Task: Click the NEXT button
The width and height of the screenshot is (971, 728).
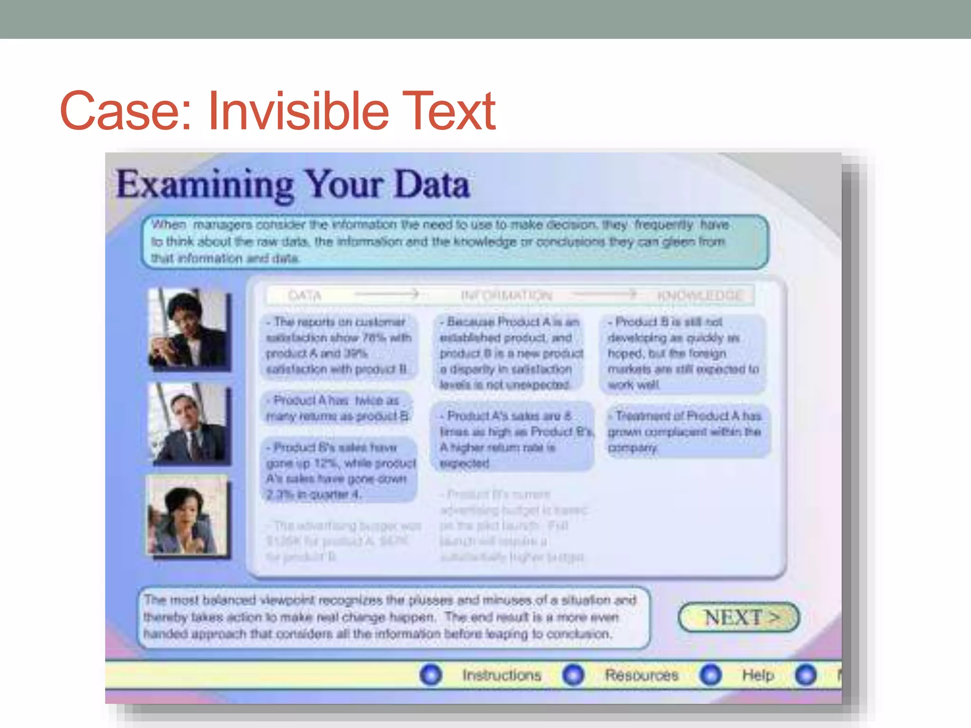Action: point(739,617)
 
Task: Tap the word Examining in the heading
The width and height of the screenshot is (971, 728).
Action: point(205,185)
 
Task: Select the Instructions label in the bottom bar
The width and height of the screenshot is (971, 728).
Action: point(502,674)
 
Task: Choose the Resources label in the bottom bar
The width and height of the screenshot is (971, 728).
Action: point(641,674)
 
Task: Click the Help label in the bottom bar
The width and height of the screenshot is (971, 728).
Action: point(758,674)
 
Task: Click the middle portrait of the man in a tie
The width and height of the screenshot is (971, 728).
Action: point(188,423)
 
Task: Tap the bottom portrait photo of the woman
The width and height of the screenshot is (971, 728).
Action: point(187,515)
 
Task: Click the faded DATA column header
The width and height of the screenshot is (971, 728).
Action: point(304,296)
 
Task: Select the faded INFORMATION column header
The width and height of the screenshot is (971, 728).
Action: point(506,296)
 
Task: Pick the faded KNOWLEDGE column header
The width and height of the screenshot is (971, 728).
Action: point(700,296)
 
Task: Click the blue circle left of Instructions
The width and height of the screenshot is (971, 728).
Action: point(431,674)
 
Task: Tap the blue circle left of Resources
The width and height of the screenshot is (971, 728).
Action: point(573,674)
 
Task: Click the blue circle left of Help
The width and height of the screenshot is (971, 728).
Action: point(710,674)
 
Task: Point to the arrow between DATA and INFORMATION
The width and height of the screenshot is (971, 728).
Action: point(387,294)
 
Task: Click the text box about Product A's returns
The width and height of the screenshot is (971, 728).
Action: point(337,408)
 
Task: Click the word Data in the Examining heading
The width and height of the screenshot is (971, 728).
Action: point(431,185)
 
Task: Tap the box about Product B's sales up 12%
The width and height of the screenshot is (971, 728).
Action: point(339,470)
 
